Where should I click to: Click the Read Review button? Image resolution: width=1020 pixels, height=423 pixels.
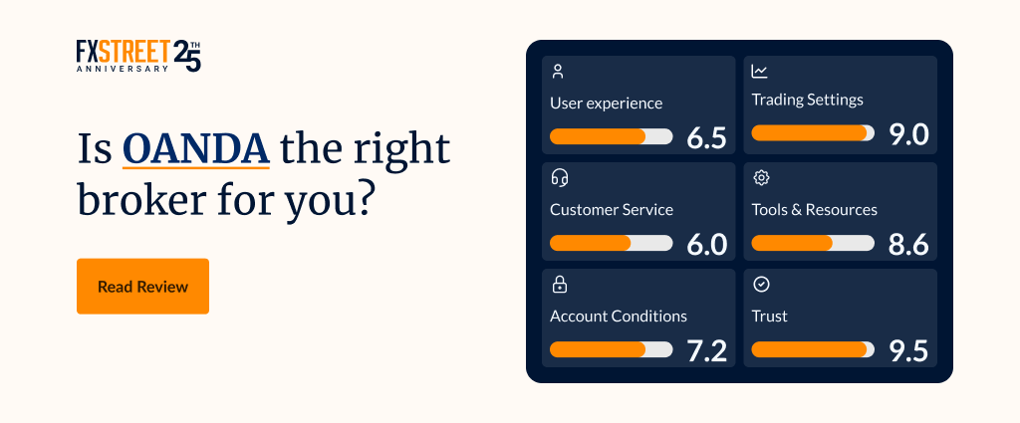[143, 286]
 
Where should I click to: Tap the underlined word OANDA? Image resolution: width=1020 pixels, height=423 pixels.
[196, 149]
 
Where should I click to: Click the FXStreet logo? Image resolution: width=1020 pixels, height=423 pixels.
[138, 56]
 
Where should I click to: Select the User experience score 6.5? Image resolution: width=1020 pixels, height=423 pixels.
[706, 137]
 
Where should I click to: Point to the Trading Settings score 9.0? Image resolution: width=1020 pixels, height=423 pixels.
[908, 134]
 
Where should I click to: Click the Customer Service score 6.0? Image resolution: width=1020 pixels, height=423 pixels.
[706, 244]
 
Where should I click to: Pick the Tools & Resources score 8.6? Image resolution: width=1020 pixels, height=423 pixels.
[908, 244]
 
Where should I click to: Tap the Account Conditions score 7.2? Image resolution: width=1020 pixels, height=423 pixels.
[707, 351]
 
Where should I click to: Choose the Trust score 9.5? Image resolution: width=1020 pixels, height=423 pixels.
[908, 351]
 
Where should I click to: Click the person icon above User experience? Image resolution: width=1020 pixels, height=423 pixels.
[558, 72]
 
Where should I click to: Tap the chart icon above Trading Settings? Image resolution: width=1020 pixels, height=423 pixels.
[759, 72]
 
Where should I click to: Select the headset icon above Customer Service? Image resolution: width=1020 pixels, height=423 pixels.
[560, 177]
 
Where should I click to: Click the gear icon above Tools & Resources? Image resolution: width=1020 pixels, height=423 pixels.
[761, 177]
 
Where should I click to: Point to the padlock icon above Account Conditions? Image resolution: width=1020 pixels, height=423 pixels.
[560, 284]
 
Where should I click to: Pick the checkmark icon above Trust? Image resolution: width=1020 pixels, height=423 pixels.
[761, 284]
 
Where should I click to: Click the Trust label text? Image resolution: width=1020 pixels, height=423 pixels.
[770, 317]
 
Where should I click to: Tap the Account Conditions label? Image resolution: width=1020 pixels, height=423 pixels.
[619, 317]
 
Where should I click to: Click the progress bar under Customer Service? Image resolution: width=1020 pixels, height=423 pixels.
[612, 243]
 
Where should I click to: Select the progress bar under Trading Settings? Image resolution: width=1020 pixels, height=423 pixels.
[813, 132]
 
